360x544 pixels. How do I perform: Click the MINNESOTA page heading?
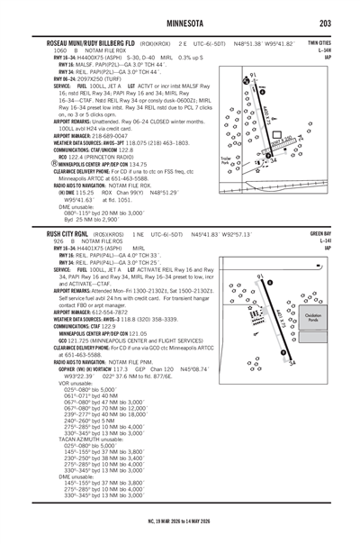[181, 23]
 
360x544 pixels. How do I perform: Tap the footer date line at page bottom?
[180, 520]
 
